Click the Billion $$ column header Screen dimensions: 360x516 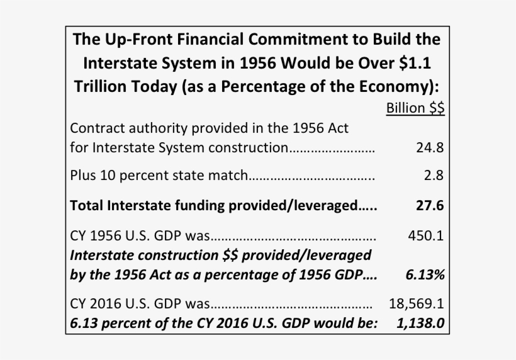415,108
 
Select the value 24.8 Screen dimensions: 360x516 430,149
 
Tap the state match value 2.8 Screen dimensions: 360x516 434,176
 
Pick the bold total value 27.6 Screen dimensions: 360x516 430,206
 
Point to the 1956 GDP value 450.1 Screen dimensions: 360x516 427,236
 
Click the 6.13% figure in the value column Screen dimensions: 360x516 426,275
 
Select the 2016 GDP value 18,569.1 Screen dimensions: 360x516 417,304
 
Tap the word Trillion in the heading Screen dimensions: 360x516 100,87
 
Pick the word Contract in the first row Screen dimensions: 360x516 94,128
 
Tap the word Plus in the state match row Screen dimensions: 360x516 82,176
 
